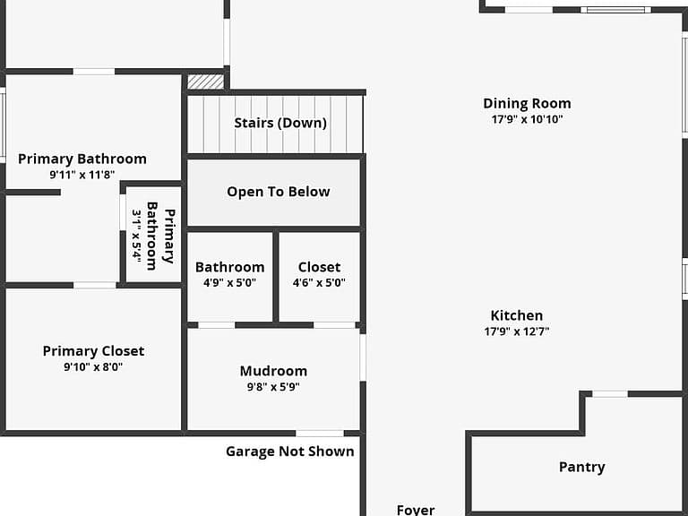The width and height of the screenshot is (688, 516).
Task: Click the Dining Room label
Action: [527, 104]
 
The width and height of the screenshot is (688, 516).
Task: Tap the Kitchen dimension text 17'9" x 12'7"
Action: [517, 331]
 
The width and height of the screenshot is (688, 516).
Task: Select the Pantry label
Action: [581, 467]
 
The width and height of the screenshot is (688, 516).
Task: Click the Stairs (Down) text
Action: [280, 123]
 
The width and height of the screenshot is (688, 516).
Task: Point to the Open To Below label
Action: [279, 192]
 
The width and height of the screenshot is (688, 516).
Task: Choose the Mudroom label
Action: [273, 371]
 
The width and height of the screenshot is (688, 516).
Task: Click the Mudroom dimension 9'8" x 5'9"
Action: [273, 387]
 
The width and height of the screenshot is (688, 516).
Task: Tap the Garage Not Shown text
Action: [290, 451]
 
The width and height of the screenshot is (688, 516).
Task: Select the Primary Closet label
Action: [93, 351]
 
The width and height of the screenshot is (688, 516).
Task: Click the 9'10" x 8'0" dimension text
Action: [93, 366]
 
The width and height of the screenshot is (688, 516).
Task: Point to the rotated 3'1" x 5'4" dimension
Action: [137, 236]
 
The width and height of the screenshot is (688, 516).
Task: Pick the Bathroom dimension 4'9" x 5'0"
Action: [229, 282]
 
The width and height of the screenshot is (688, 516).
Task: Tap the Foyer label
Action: [416, 510]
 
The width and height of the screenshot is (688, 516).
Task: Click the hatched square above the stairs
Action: [205, 82]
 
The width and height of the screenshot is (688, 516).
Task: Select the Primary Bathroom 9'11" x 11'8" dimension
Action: [82, 175]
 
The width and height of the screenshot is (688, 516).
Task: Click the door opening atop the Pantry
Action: [610, 394]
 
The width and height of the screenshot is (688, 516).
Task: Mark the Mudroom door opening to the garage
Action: [320, 434]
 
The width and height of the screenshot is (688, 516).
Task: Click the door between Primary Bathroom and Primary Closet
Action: [95, 286]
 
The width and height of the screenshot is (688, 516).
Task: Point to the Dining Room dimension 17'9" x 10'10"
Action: [527, 119]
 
